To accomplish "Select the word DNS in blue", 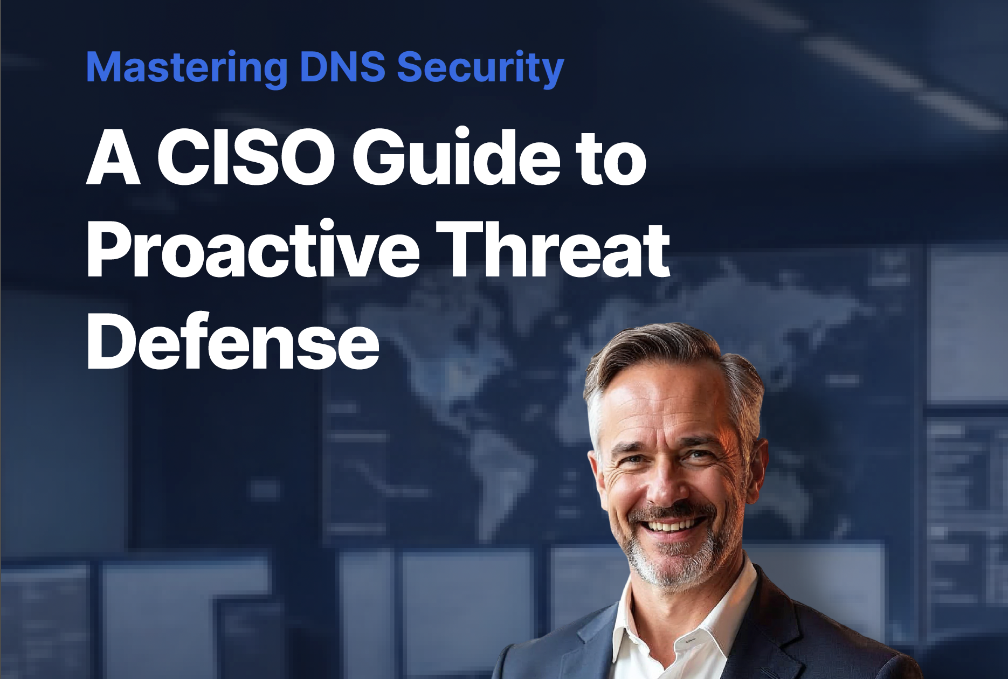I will (342, 67).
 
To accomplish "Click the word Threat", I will (553, 250).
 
